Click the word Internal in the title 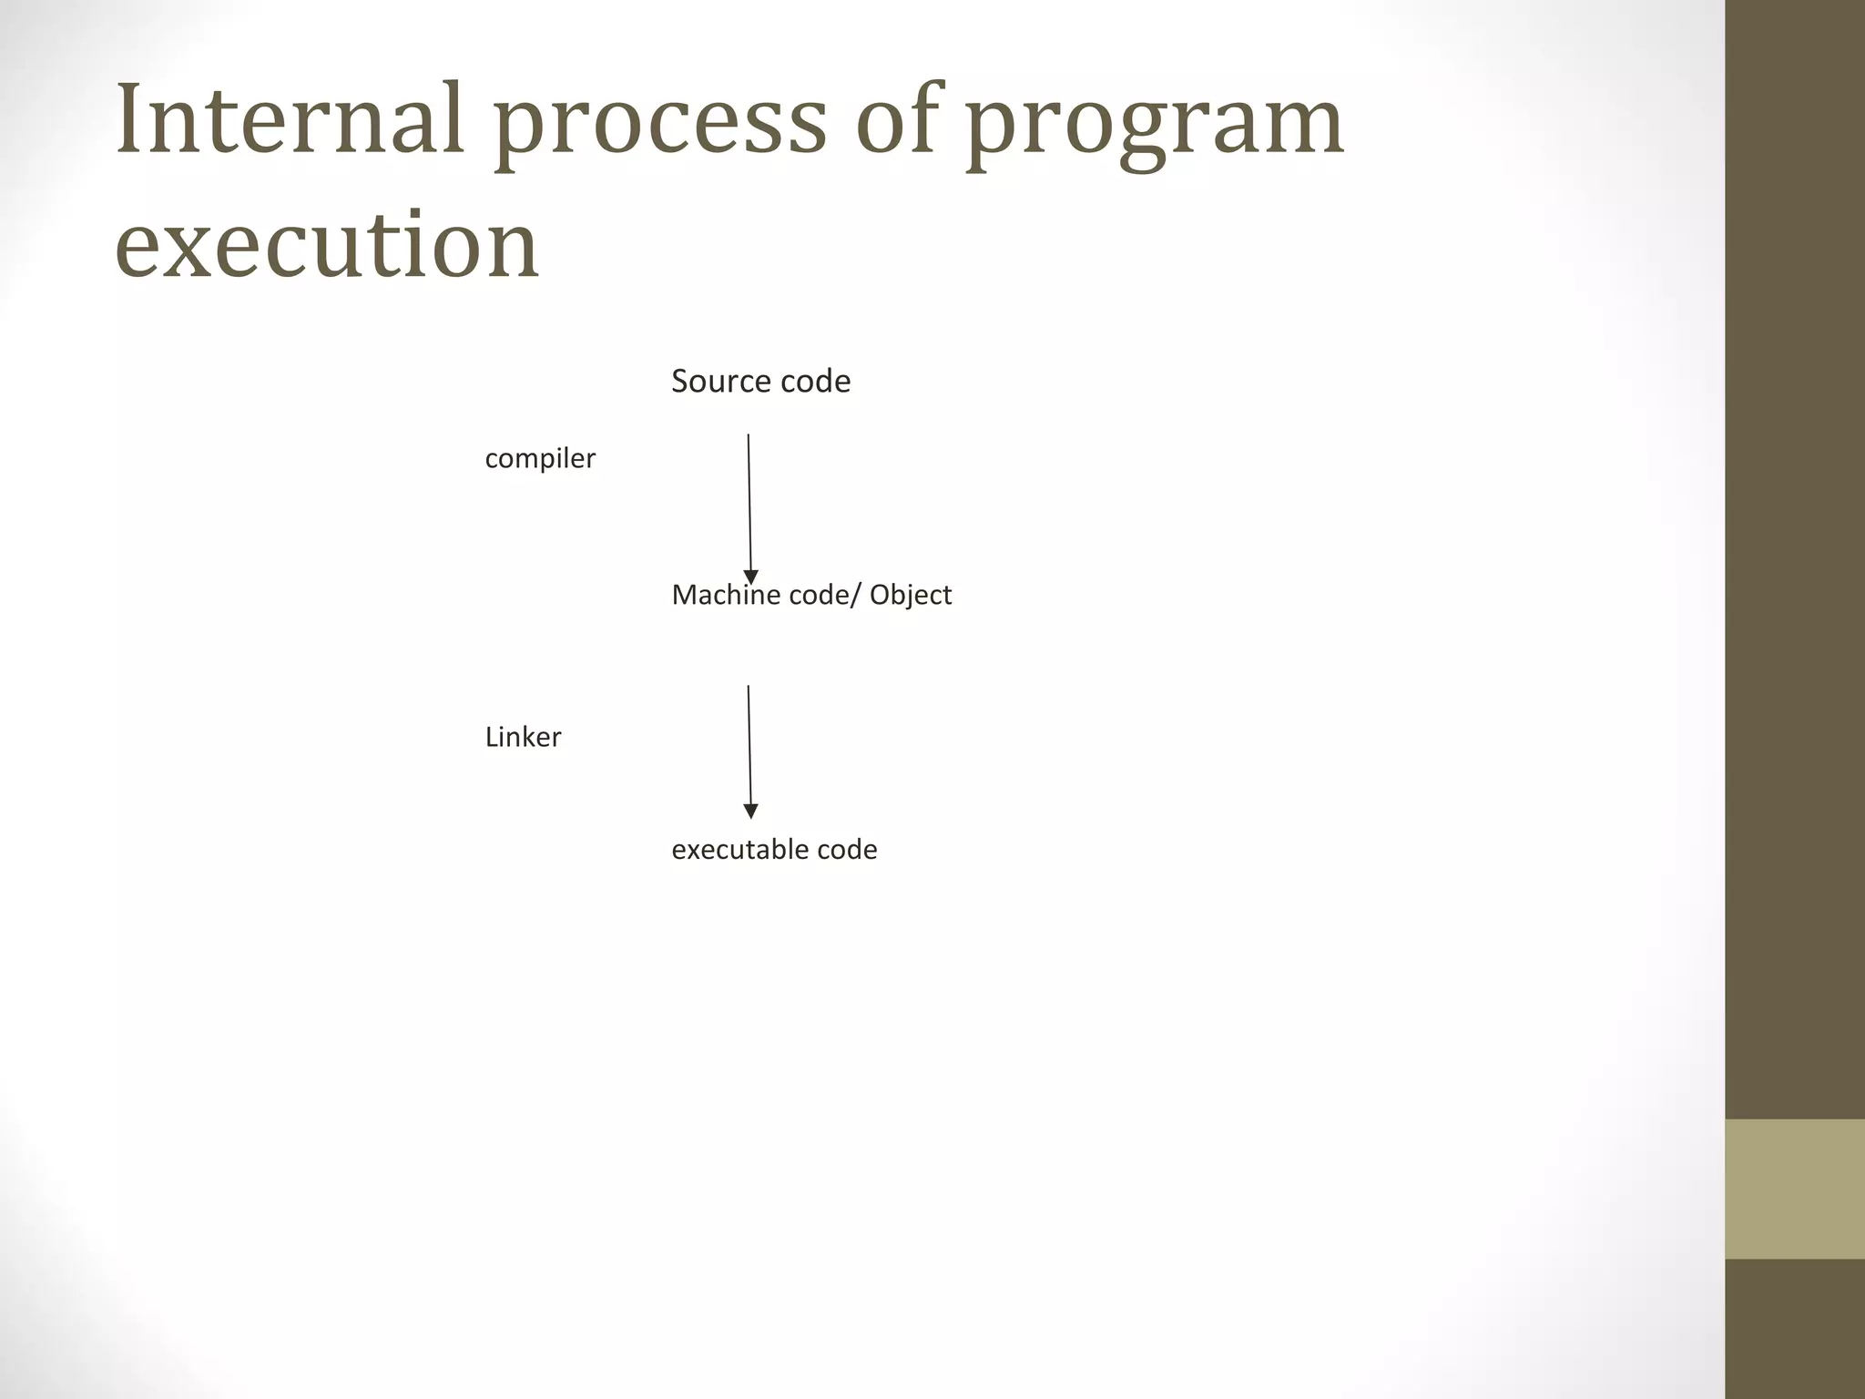[x=290, y=119]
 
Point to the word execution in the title [x=328, y=244]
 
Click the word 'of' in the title [x=896, y=119]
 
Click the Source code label [x=760, y=381]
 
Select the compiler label [x=540, y=458]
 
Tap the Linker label [x=523, y=737]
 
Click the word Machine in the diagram [x=725, y=595]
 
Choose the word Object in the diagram [x=910, y=596]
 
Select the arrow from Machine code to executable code [x=749, y=747]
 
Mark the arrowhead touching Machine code [x=751, y=577]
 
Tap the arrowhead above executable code [x=751, y=812]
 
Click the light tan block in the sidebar [x=1794, y=1189]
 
